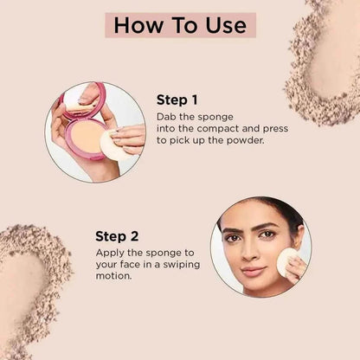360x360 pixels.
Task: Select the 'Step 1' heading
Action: click(x=177, y=100)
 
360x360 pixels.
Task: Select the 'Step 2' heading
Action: click(x=117, y=236)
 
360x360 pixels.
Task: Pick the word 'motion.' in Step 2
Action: click(x=113, y=276)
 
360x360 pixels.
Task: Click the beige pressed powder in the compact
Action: click(x=86, y=137)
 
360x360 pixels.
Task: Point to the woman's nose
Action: click(x=250, y=252)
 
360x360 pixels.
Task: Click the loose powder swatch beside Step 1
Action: click(x=325, y=62)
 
